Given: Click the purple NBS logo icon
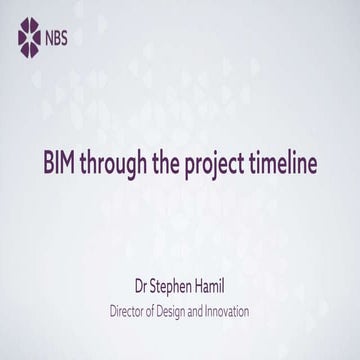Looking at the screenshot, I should click(x=30, y=39).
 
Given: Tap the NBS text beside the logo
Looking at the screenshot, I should click(x=59, y=40).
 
